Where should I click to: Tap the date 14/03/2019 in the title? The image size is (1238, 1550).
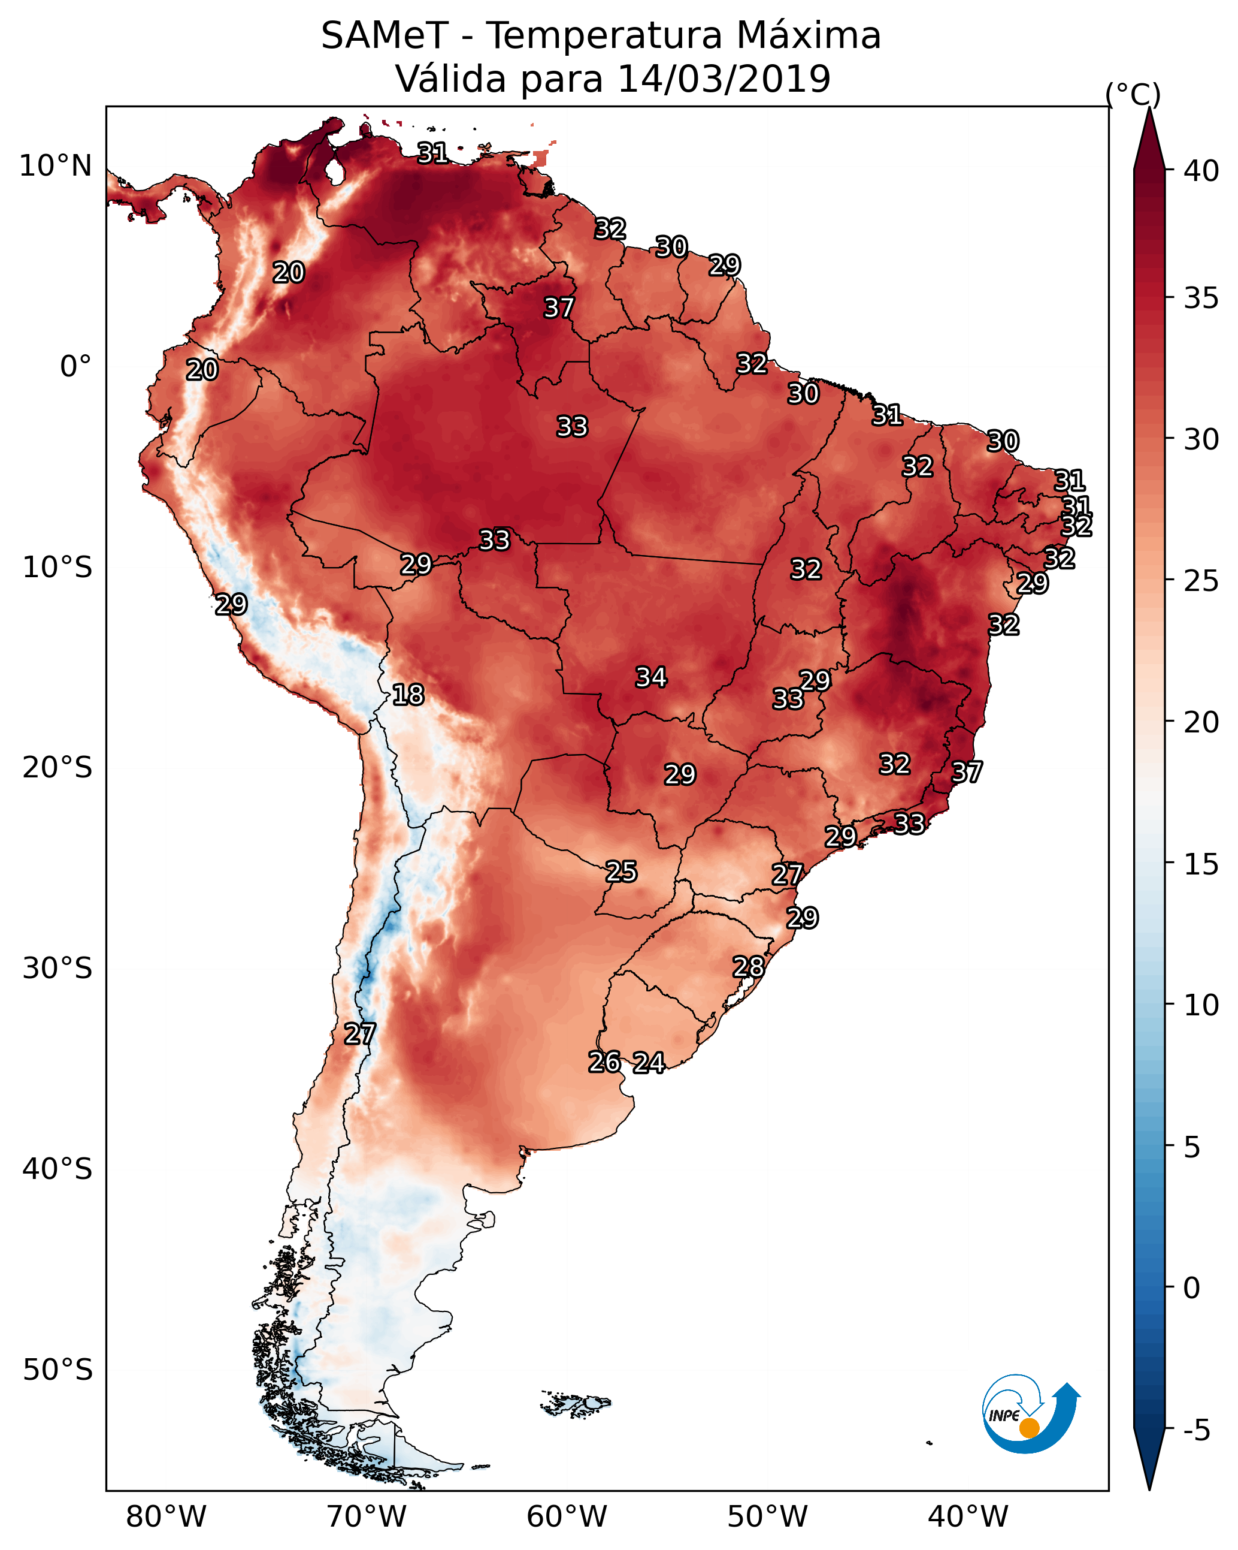click(723, 79)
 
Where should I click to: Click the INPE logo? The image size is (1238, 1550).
click(1029, 1414)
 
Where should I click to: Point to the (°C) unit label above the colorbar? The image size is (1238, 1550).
click(1133, 94)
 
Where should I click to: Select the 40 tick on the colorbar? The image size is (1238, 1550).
click(1201, 171)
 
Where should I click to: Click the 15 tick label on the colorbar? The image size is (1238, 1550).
click(1201, 864)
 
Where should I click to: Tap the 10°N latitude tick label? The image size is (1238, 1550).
click(55, 166)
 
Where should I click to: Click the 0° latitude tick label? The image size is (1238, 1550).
click(75, 367)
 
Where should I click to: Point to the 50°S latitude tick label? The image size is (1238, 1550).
click(57, 1370)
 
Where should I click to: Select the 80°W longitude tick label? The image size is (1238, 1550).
click(166, 1517)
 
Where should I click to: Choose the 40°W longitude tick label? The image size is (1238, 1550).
click(968, 1517)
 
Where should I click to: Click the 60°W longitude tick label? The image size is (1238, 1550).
click(567, 1517)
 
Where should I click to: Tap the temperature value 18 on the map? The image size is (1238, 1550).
click(408, 695)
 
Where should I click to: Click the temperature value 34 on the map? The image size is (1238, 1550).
click(651, 677)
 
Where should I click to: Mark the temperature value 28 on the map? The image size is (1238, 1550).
click(748, 967)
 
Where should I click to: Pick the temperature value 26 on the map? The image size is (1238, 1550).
click(604, 1062)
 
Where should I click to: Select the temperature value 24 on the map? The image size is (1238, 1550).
click(648, 1063)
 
